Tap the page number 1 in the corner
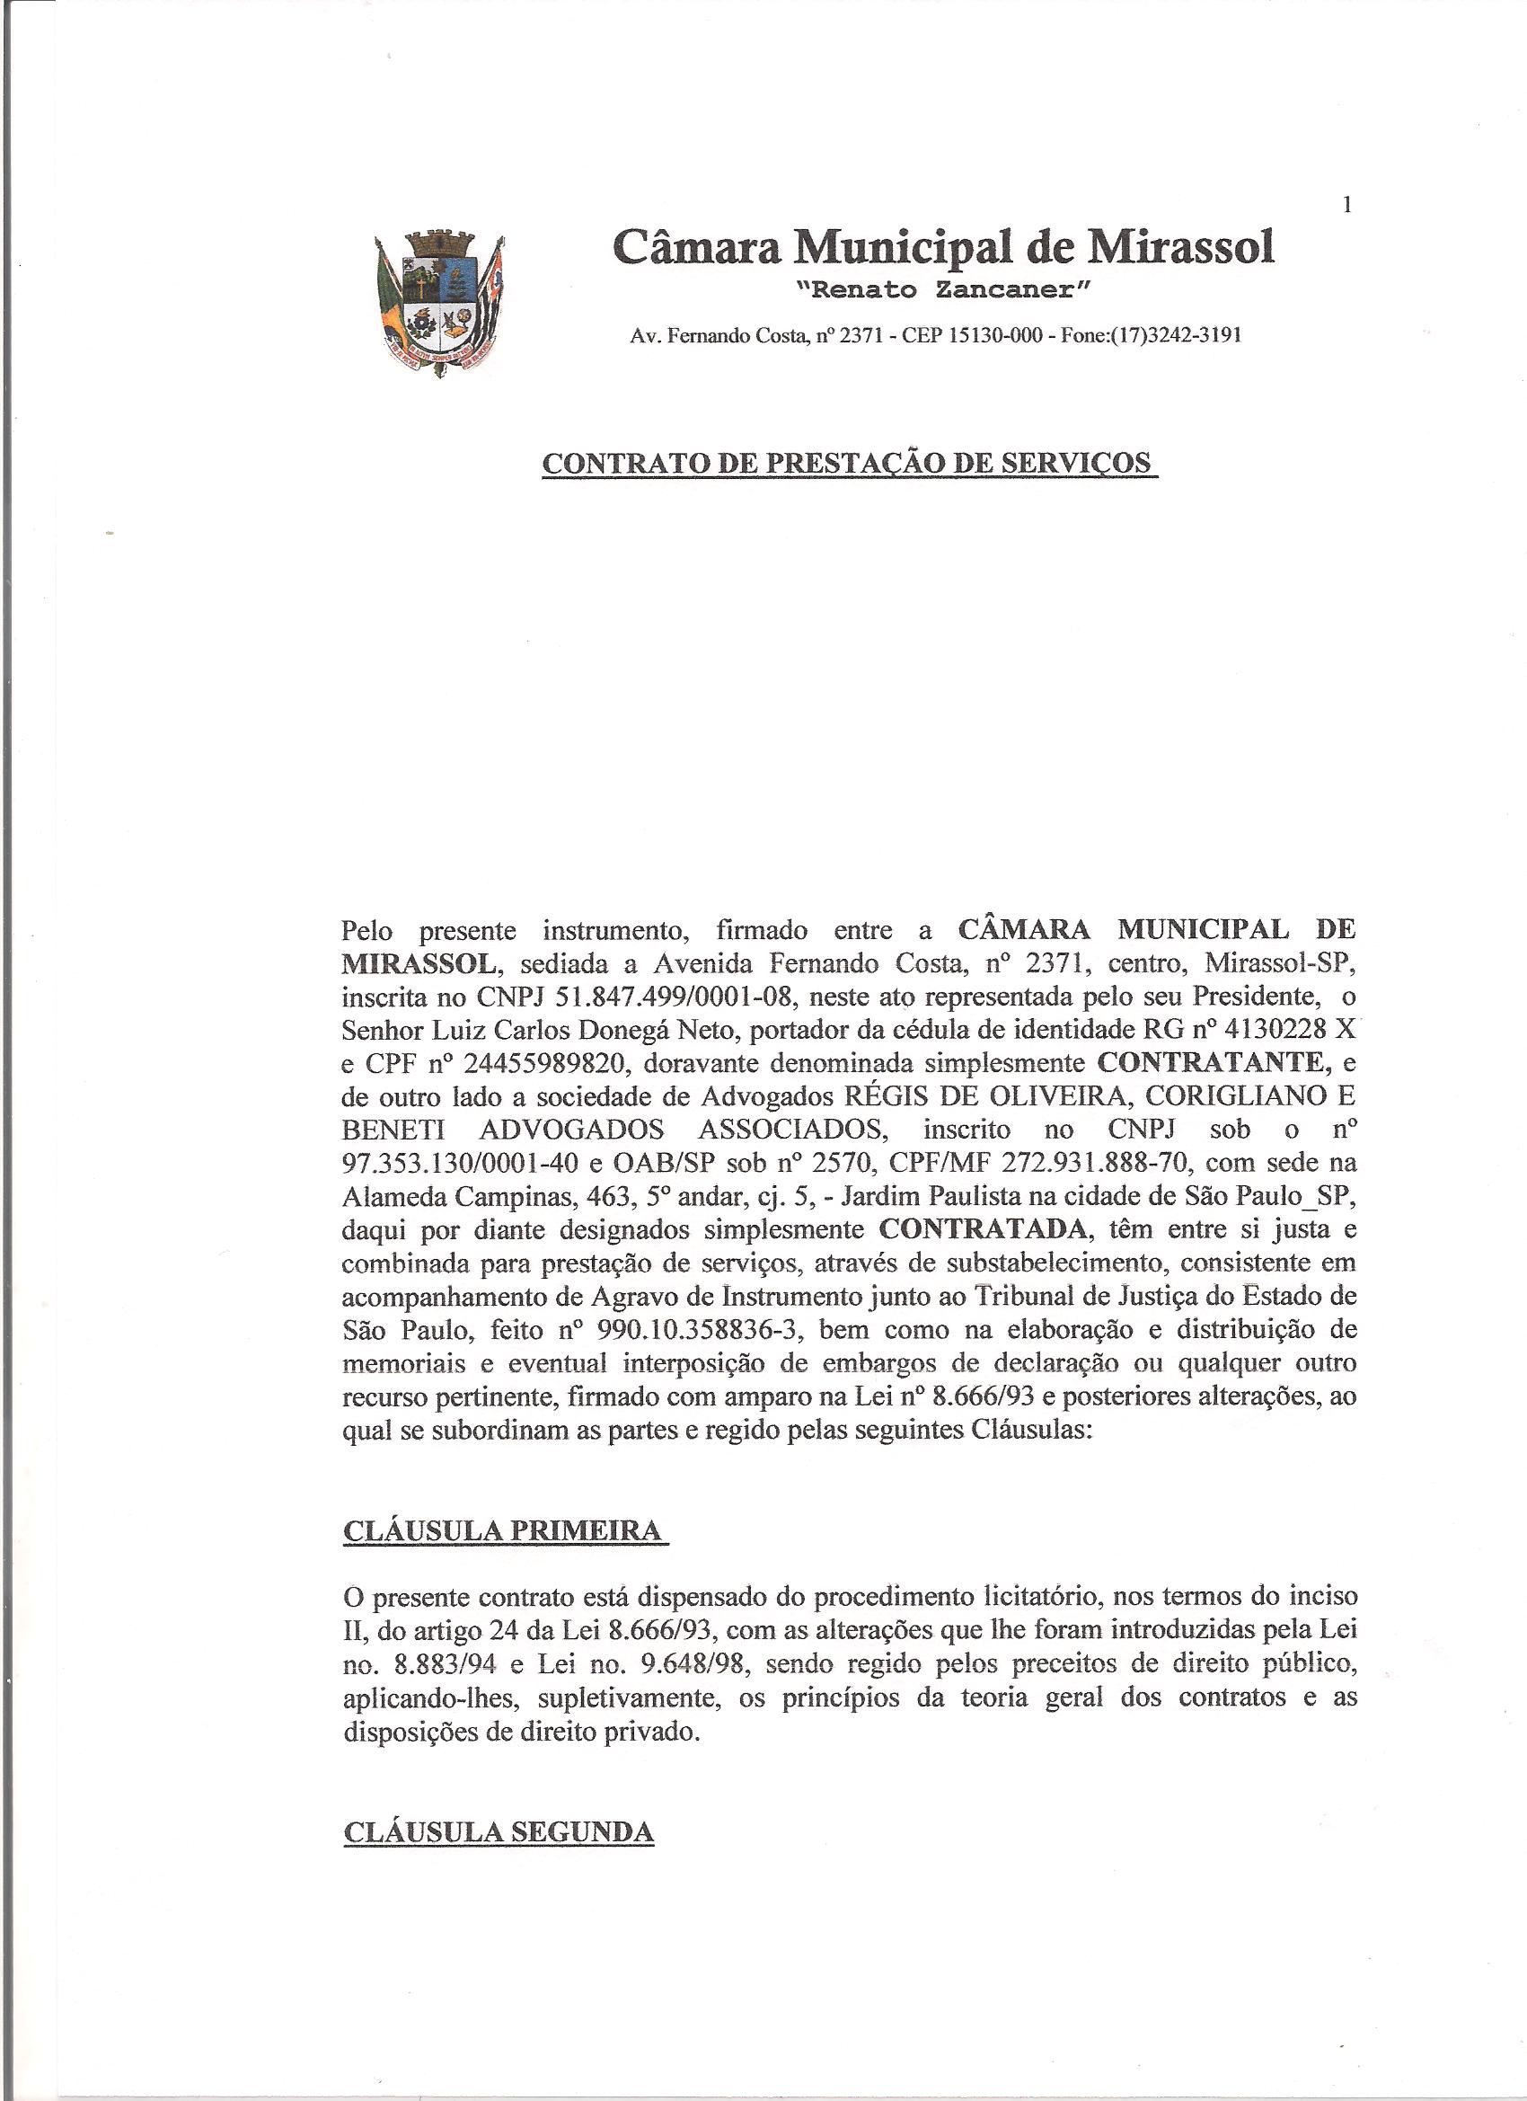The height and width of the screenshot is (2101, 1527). [x=1348, y=206]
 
